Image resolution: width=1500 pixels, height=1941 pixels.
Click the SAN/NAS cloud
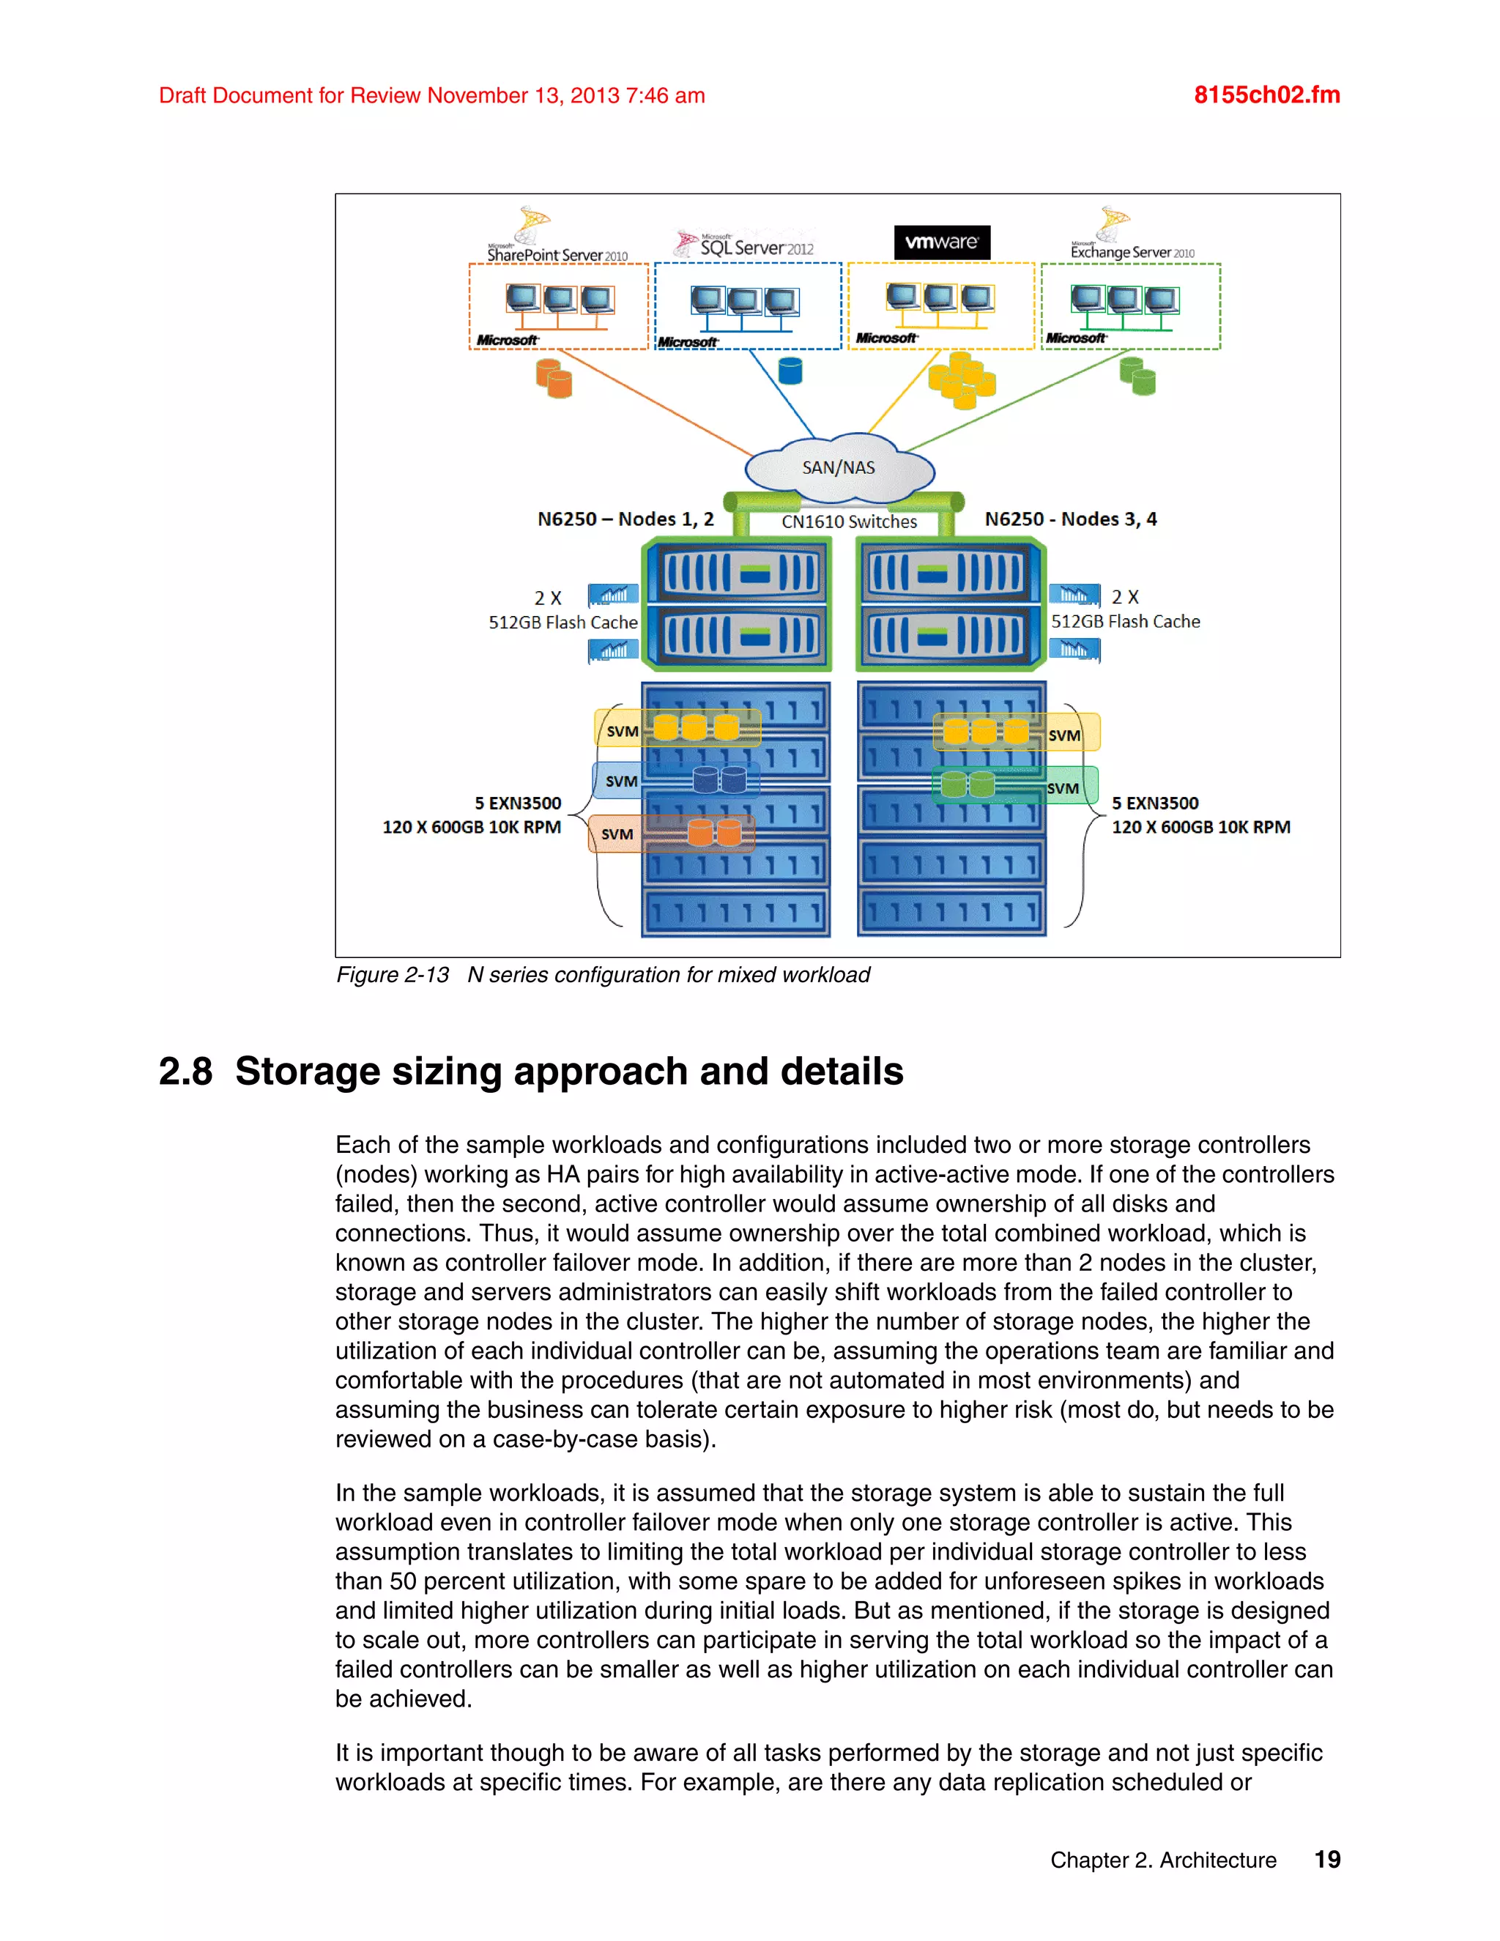[838, 467]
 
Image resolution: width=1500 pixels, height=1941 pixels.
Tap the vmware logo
[941, 242]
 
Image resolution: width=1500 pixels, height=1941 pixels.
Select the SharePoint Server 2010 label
[557, 255]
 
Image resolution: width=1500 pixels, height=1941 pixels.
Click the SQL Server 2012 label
[755, 248]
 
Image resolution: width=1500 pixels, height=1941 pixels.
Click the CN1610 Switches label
[849, 522]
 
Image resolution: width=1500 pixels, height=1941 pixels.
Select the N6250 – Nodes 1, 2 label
[625, 519]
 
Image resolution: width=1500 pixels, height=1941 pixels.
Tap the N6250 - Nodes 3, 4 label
[1070, 519]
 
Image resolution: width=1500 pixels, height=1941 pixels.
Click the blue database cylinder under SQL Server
[789, 371]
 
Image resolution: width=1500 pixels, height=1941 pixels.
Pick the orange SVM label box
[617, 834]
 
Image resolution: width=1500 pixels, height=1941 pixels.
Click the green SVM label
[1063, 788]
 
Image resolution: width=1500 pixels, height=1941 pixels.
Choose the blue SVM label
[621, 782]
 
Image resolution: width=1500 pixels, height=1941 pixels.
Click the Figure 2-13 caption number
[392, 975]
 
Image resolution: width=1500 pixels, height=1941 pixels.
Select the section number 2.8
[186, 1071]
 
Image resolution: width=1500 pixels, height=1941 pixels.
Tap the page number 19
[1326, 1859]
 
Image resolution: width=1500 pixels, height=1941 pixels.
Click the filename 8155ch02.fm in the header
[1266, 95]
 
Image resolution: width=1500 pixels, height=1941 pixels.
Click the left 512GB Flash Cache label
[562, 622]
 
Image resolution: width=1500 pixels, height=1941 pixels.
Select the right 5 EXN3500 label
[1154, 804]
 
